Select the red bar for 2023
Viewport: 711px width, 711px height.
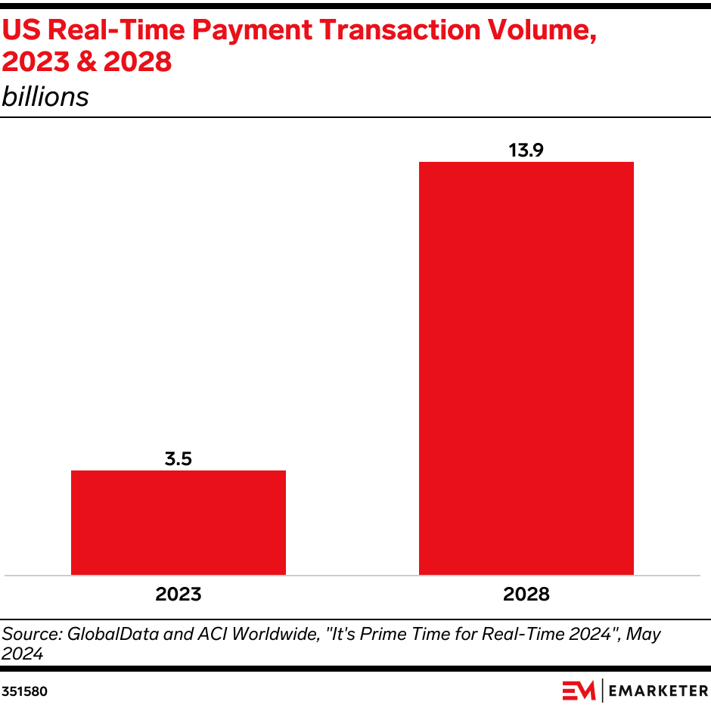tap(179, 523)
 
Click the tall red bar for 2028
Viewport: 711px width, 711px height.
tap(526, 368)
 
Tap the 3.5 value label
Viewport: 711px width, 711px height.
tap(179, 458)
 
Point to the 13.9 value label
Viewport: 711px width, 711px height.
tap(526, 150)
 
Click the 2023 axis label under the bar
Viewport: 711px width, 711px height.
tap(179, 595)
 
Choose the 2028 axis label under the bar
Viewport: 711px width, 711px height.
tap(526, 595)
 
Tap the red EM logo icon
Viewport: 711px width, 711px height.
tap(579, 691)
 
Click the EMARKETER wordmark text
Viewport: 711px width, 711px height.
tap(657, 691)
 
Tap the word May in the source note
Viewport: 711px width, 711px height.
tap(642, 634)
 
